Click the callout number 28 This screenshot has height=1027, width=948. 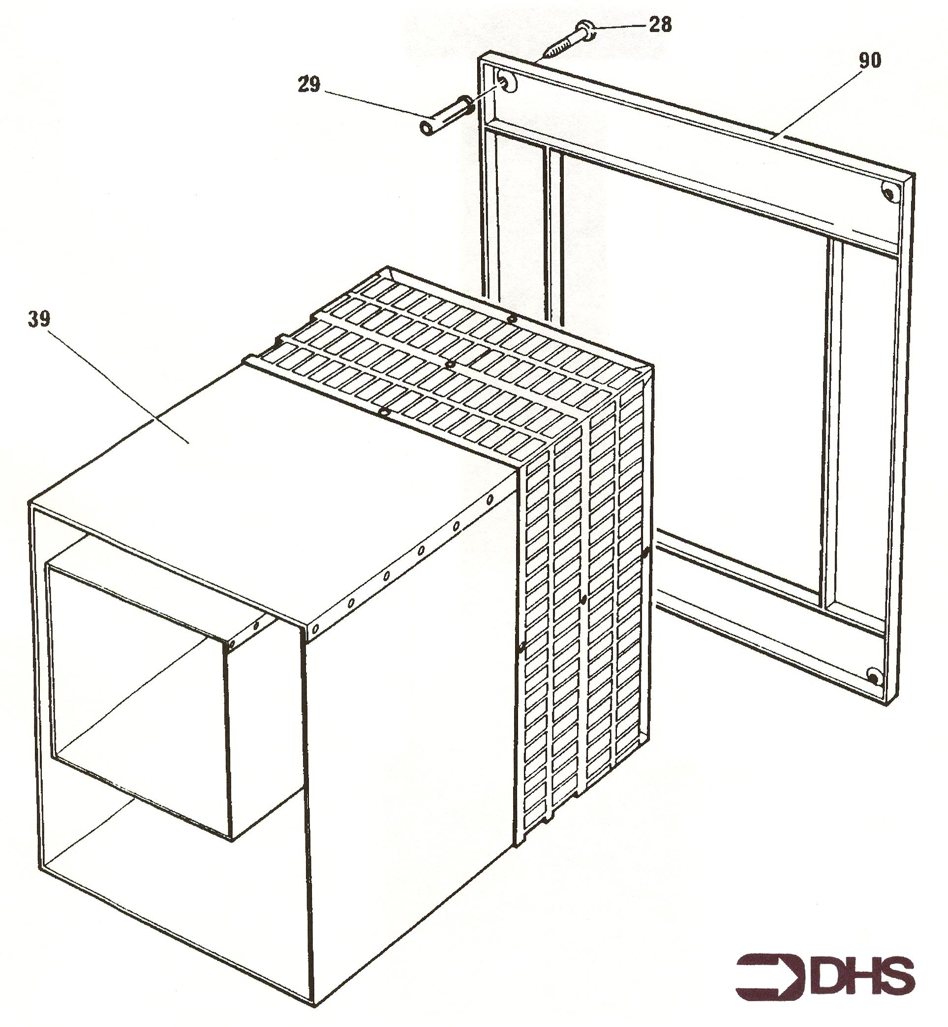[660, 24]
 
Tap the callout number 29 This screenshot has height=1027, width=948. [309, 84]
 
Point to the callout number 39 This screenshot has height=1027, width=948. [39, 319]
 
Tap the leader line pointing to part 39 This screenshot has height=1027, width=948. [120, 386]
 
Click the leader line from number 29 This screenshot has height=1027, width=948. [373, 104]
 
